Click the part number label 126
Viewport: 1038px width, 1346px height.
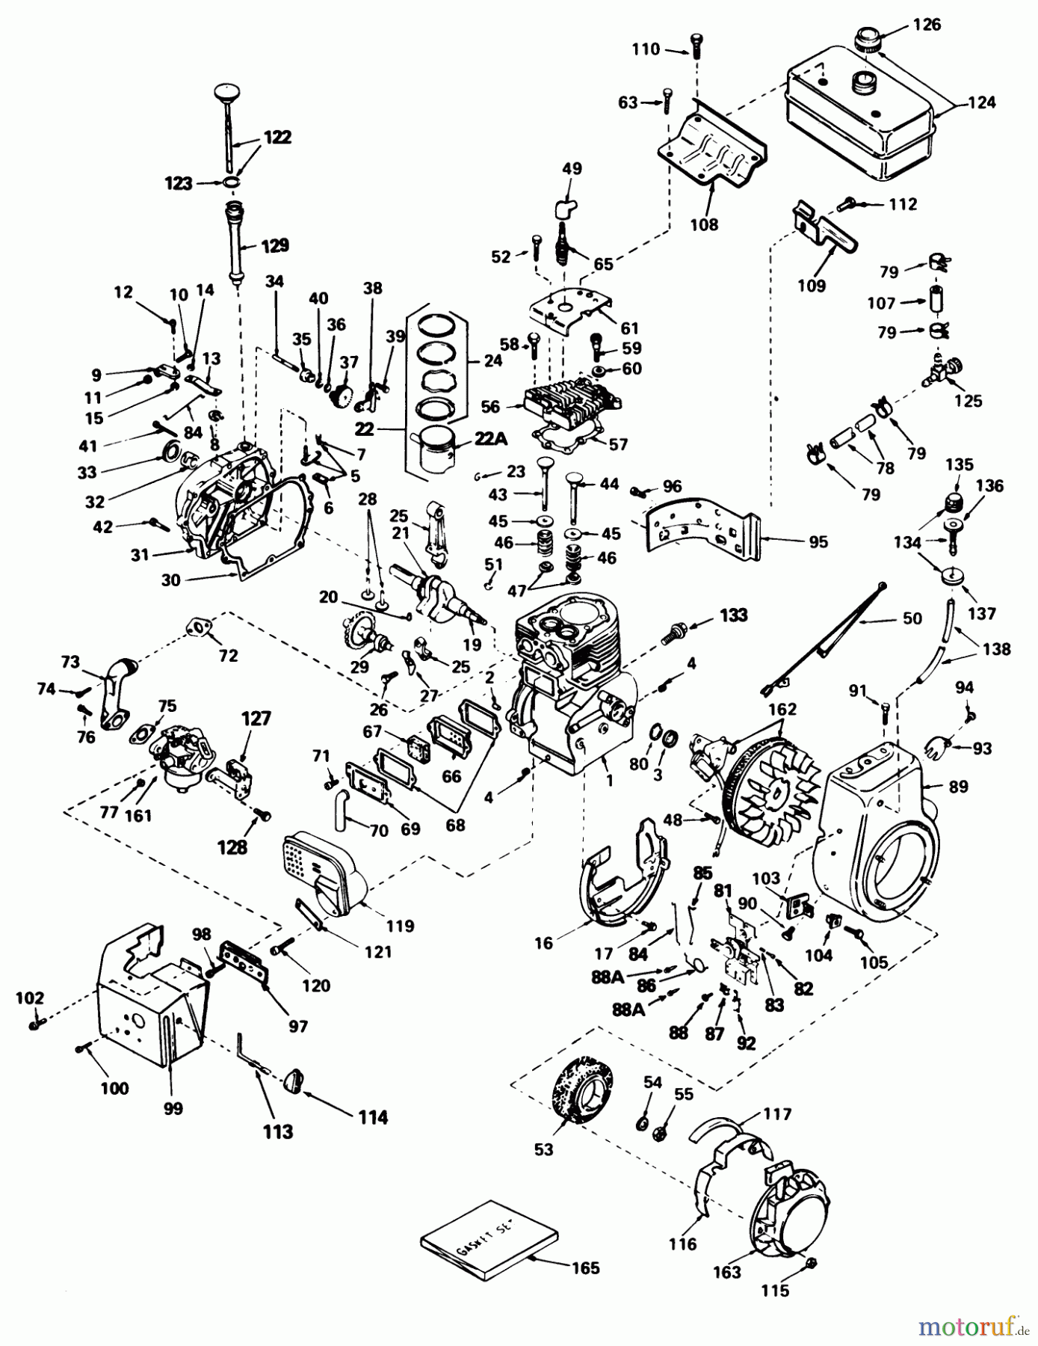927,25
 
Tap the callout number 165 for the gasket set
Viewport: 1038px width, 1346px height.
586,1267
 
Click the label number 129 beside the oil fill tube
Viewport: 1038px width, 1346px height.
274,246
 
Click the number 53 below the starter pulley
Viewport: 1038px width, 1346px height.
543,1149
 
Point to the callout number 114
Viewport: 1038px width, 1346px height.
372,1117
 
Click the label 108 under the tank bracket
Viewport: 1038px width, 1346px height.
704,224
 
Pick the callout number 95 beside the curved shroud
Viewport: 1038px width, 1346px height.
818,541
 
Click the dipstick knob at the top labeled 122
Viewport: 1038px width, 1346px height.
224,93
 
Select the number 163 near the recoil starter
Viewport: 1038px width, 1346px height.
726,1271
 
